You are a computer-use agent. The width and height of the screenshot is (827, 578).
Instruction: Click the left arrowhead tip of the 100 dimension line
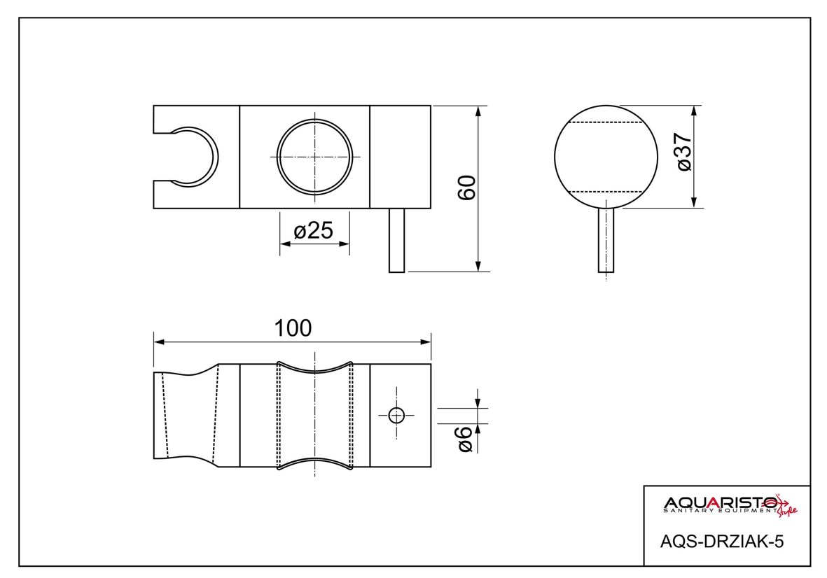pos(154,342)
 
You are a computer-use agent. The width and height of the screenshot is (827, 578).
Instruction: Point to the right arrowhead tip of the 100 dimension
pos(431,342)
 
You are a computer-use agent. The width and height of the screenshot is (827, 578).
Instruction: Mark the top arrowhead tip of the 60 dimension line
pos(478,106)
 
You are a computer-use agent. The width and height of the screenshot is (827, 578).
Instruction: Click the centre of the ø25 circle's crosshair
pos(314,157)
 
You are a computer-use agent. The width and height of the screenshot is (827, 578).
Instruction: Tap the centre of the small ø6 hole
pos(396,416)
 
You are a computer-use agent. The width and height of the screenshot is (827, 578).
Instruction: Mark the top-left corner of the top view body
pos(153,106)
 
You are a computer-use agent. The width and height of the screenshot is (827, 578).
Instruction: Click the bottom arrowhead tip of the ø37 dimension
pos(693,208)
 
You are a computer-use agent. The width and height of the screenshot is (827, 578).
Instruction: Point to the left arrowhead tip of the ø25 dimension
pos(280,244)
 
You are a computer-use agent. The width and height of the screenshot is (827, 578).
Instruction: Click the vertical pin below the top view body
pos(396,240)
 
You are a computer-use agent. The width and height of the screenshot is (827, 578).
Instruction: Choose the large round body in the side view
pos(606,157)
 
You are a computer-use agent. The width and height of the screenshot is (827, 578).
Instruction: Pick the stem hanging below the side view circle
pos(606,240)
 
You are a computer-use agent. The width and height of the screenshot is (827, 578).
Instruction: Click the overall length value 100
pos(293,328)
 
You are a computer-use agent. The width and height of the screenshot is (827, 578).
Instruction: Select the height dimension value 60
pos(467,188)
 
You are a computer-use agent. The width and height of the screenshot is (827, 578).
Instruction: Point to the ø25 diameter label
pos(313,230)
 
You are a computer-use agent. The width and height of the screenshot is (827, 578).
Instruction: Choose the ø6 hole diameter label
pos(465,439)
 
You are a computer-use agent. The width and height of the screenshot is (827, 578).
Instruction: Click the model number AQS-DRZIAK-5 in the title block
pos(722,542)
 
